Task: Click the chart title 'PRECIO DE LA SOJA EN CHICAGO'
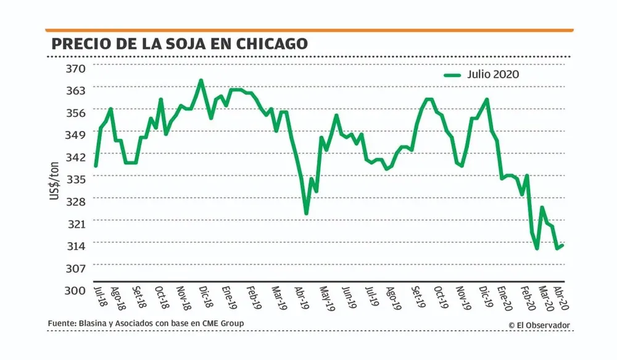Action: (x=179, y=44)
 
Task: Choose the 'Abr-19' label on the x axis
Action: (x=300, y=298)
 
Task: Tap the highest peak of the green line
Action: (x=201, y=80)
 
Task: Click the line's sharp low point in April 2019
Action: (x=306, y=214)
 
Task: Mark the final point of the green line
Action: (x=563, y=245)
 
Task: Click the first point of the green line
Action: (x=96, y=165)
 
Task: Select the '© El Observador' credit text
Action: (x=539, y=325)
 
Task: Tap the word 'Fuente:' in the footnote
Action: (x=62, y=324)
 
